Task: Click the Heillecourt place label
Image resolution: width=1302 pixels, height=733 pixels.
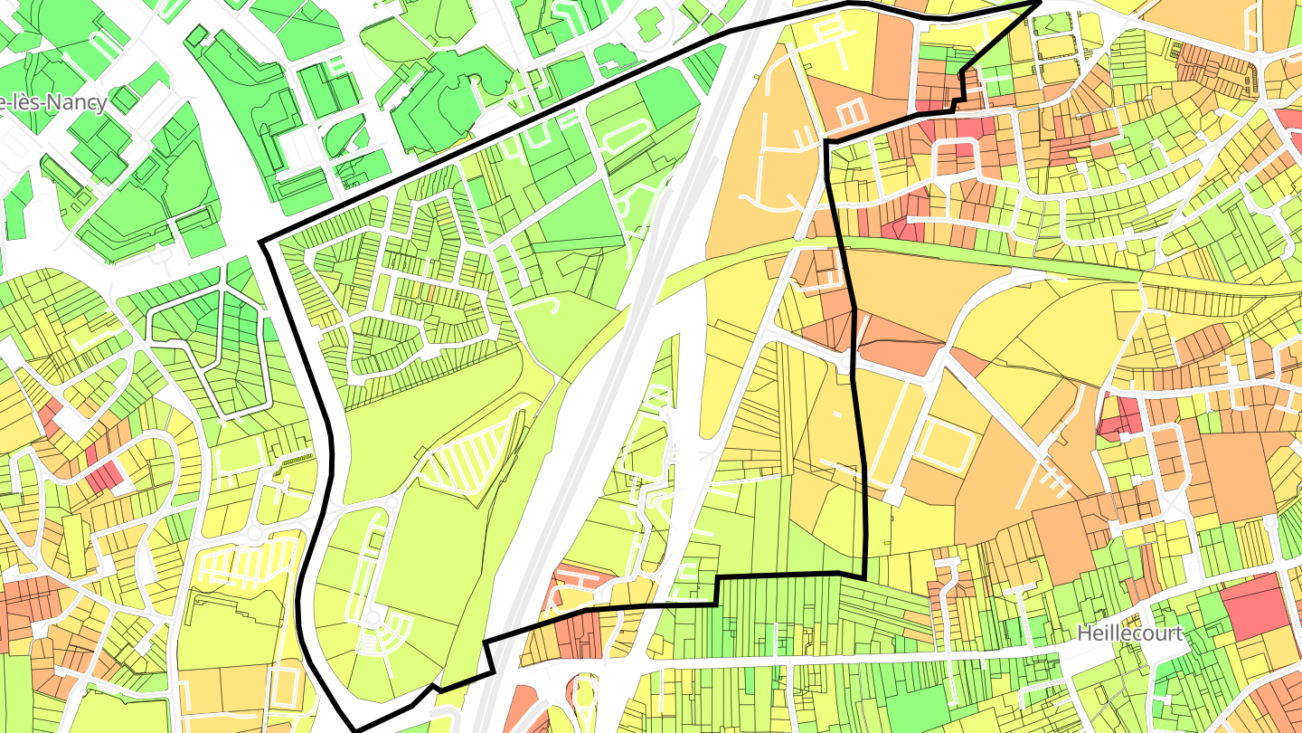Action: pyautogui.click(x=1129, y=633)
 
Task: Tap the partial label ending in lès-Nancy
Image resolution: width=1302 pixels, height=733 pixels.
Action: pyautogui.click(x=54, y=102)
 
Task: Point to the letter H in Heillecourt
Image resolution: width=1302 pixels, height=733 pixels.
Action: pyautogui.click(x=1083, y=633)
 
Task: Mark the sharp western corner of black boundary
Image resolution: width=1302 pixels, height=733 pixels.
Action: pyautogui.click(x=262, y=243)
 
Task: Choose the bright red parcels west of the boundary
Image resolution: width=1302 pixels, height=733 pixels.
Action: pyautogui.click(x=105, y=471)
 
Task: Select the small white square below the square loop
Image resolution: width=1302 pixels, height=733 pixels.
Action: pyautogui.click(x=894, y=496)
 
